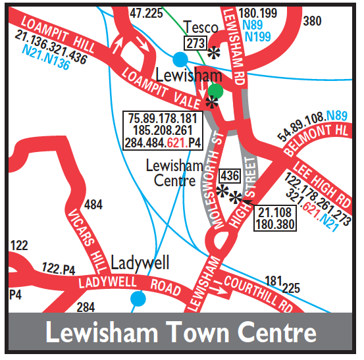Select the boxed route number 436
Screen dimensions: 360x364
230,176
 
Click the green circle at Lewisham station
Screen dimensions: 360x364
215,91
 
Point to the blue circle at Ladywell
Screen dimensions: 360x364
138,299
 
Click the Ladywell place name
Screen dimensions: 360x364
140,263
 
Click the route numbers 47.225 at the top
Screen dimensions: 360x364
146,13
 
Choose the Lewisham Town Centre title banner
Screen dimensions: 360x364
181,332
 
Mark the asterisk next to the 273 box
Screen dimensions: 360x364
213,53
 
